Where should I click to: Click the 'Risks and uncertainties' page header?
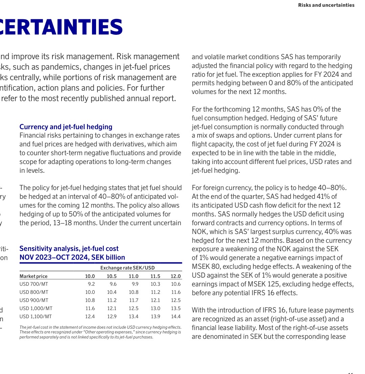coord(326,5)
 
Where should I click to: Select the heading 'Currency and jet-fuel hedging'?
coord(66,127)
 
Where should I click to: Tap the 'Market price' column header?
coord(33,276)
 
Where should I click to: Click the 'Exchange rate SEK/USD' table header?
coord(128,268)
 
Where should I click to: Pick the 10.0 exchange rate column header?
coord(90,276)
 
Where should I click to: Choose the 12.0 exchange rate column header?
coord(176,276)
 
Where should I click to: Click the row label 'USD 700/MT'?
coord(34,284)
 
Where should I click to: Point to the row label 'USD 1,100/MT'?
coord(36,317)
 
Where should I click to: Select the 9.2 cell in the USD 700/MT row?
coord(91,284)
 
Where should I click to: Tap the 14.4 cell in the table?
coord(176,317)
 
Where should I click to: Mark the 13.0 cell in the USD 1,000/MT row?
coord(155,308)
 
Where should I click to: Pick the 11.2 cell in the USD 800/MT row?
coord(155,292)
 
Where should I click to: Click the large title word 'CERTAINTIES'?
coord(61,27)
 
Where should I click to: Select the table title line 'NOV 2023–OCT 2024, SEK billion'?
coord(72,257)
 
